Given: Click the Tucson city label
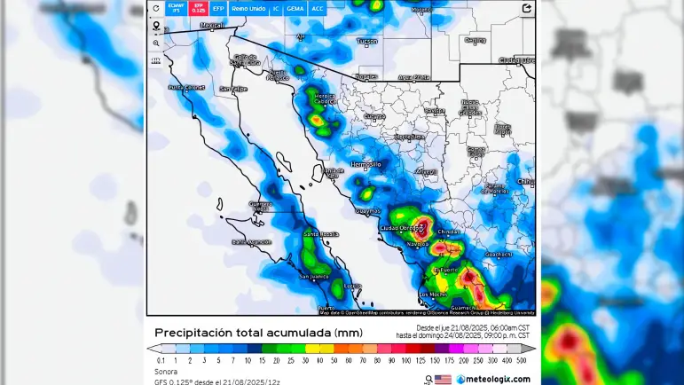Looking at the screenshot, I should click(x=366, y=41).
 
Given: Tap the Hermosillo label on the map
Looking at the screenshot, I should click(x=366, y=164).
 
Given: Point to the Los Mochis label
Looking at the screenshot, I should click(x=434, y=294).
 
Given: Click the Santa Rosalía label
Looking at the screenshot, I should click(x=321, y=233).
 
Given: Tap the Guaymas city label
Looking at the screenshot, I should click(x=367, y=210).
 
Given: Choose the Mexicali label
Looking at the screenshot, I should click(x=212, y=26).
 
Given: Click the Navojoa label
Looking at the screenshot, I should click(x=417, y=242).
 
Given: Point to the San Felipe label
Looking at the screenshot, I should click(x=233, y=89).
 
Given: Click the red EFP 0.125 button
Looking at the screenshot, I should click(x=199, y=8).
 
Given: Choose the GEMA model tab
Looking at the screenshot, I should click(x=295, y=8).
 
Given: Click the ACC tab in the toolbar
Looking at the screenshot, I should click(x=318, y=8).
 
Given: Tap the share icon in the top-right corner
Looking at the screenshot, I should click(x=527, y=8).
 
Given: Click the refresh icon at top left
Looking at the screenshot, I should click(x=156, y=8).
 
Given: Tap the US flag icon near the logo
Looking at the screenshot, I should click(x=443, y=379).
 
